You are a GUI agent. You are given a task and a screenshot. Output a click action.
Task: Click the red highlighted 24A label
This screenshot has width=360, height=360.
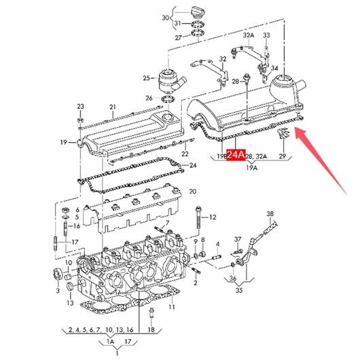click(x=236, y=155)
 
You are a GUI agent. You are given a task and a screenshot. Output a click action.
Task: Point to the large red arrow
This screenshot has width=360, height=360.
click(x=321, y=160)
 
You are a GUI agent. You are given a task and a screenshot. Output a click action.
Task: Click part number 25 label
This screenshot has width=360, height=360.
click(x=147, y=78)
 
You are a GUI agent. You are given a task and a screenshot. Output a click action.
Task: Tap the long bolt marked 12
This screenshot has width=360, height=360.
click(x=198, y=217)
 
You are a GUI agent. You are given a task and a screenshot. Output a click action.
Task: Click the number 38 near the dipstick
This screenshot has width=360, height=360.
click(x=270, y=214)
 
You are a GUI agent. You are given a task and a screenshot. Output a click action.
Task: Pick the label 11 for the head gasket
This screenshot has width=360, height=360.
click(x=172, y=307)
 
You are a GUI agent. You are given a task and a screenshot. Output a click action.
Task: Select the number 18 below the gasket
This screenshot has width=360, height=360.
click(x=151, y=329)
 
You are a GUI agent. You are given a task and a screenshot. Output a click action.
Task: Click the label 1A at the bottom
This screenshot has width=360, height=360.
click(x=111, y=342)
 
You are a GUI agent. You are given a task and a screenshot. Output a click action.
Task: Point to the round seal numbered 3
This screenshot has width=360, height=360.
click(x=58, y=274)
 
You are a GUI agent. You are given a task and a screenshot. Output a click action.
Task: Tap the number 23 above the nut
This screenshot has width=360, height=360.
click(x=81, y=106)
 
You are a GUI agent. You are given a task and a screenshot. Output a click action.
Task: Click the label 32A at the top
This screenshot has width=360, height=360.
click(x=249, y=35)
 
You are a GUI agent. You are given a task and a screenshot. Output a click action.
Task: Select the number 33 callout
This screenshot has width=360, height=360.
click(x=266, y=35)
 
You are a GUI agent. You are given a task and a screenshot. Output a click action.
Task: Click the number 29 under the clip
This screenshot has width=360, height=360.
click(x=283, y=156)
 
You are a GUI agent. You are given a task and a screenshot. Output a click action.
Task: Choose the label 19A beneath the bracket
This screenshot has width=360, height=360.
click(x=252, y=168)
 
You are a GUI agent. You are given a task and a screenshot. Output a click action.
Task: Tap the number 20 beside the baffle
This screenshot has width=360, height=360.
click(x=193, y=192)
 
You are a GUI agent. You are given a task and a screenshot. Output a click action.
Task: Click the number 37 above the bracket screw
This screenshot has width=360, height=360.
click(x=238, y=240)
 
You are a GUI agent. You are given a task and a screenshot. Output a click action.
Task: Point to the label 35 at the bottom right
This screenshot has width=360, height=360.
click(x=239, y=290)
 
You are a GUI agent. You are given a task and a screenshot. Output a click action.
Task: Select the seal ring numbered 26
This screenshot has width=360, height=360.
click(x=168, y=100)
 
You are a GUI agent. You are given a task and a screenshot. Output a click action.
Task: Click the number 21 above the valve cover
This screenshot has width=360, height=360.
click(x=113, y=107)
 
